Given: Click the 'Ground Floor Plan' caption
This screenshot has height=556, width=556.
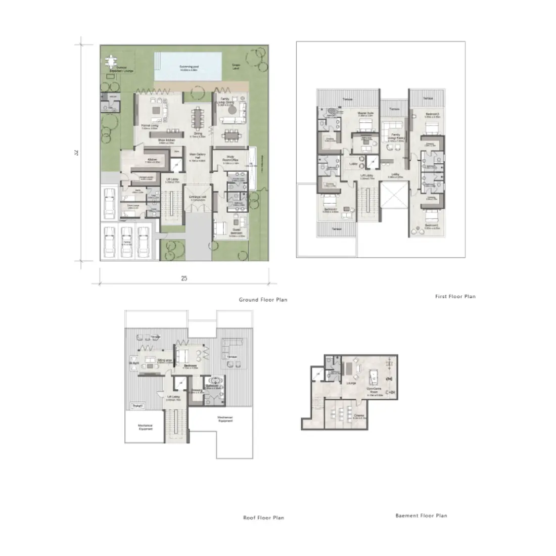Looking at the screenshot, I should point(263,300).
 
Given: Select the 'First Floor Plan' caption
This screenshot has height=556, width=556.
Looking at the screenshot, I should point(455,296).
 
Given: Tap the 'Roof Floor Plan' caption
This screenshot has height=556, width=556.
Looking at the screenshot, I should point(263,518).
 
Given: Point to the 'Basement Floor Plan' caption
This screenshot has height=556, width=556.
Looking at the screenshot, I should point(421,516).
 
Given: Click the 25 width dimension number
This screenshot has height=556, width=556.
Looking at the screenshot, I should point(184,279).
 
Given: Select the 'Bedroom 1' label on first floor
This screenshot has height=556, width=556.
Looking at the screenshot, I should point(331,210).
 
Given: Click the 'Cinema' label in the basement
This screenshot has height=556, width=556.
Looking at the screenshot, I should point(359,416).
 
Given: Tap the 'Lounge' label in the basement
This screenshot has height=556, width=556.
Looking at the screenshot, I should point(351,383).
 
